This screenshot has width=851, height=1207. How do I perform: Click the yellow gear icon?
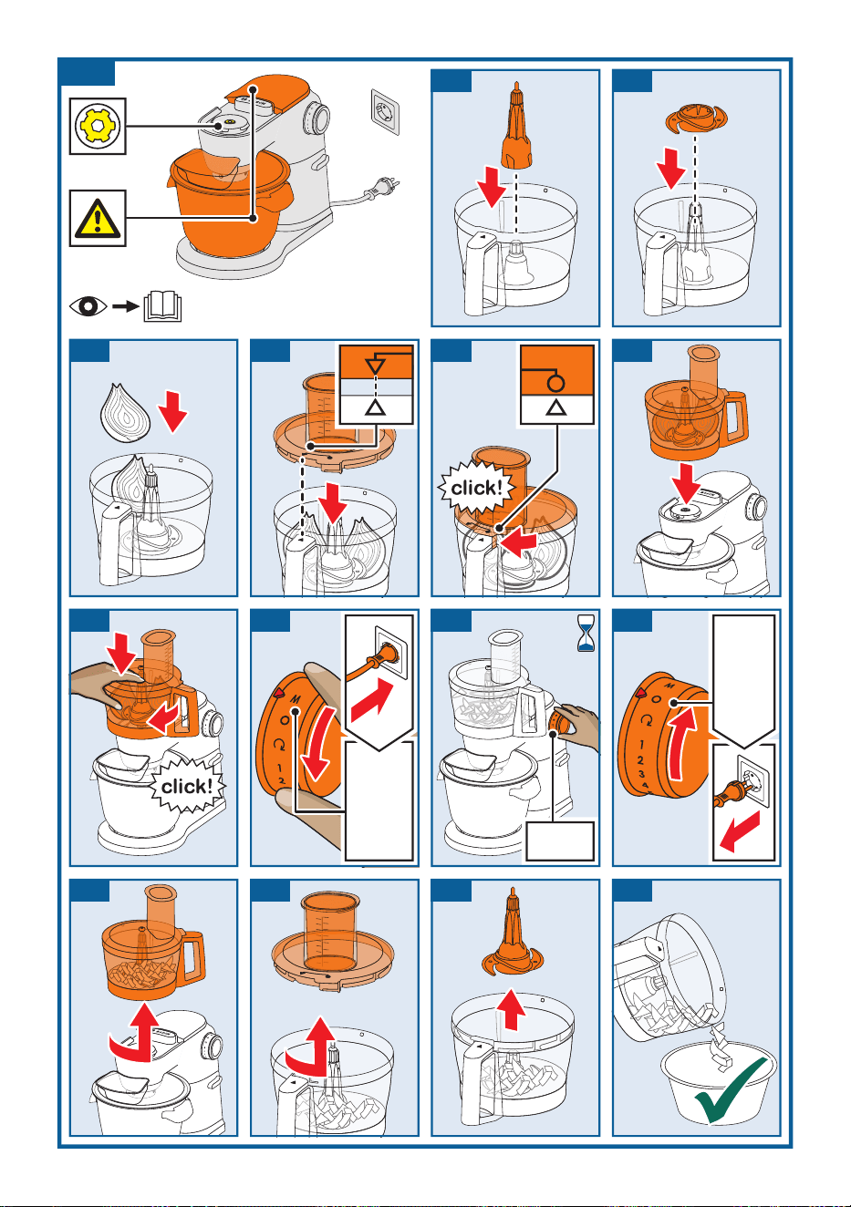(98, 126)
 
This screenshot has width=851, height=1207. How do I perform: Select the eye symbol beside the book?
(88, 306)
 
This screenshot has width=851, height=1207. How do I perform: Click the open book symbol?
(162, 306)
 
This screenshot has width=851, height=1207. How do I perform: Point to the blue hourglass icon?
(586, 633)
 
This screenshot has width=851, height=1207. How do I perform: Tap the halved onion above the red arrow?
(125, 413)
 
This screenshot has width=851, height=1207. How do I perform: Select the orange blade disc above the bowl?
(696, 117)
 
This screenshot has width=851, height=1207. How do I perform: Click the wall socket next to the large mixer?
(386, 111)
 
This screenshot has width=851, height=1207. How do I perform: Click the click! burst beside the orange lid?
(475, 488)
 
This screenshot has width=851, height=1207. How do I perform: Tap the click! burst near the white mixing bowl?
(186, 786)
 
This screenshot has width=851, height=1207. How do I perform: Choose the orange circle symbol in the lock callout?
(555, 383)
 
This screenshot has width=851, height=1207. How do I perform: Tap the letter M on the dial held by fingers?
(296, 699)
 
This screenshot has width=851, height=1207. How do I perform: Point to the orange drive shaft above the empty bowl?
(516, 126)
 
